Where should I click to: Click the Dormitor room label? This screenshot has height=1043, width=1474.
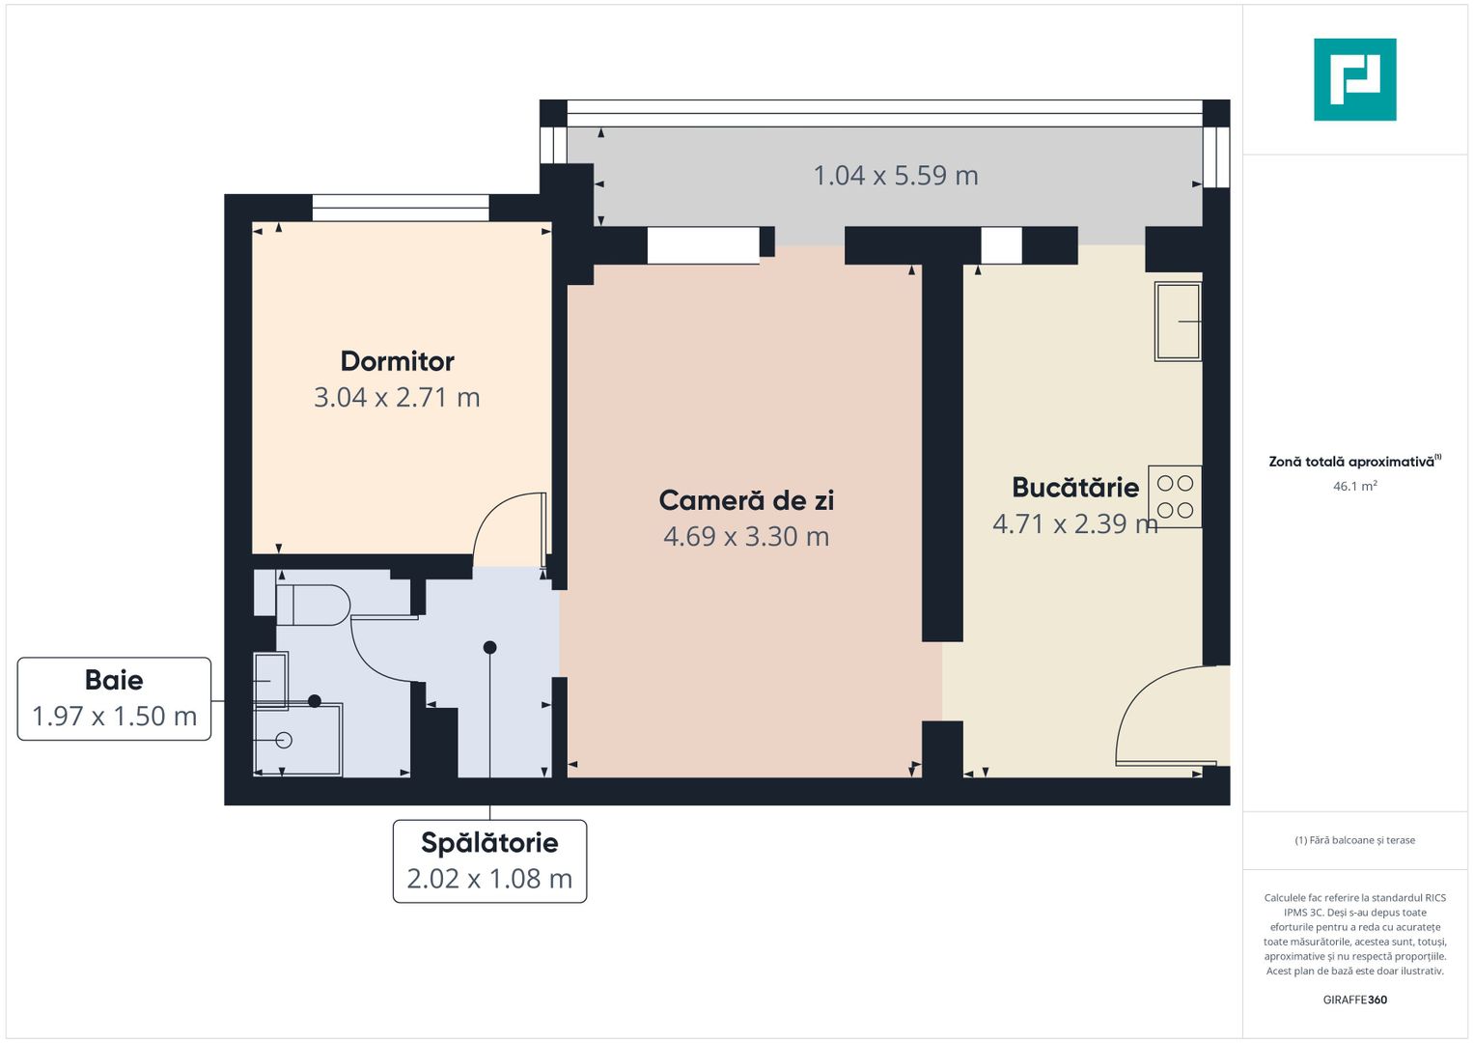(397, 361)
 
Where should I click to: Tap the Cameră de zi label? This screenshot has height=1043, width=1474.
(746, 500)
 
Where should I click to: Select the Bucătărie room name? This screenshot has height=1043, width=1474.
(1074, 488)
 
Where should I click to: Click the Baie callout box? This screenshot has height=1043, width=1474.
(114, 698)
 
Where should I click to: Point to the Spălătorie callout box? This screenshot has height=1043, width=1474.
(489, 860)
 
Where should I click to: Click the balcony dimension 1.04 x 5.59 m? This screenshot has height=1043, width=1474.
(896, 176)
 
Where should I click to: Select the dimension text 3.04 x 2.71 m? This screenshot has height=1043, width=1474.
(397, 398)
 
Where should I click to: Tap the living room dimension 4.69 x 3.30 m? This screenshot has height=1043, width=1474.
(746, 537)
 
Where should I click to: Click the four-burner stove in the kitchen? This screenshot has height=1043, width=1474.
(1175, 496)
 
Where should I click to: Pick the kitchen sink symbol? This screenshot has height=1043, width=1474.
(1178, 322)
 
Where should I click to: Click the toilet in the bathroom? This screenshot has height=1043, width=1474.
(314, 606)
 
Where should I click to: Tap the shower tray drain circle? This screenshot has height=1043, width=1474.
(284, 741)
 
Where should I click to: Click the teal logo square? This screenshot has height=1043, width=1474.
(1354, 79)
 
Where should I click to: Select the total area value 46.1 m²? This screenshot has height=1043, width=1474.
(1354, 487)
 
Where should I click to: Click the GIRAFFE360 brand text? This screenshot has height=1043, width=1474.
(1354, 1000)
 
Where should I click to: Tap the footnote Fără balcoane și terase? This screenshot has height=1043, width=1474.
(1354, 840)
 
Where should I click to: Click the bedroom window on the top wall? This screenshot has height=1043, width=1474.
(401, 208)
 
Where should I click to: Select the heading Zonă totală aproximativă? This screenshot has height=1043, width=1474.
(1351, 462)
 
